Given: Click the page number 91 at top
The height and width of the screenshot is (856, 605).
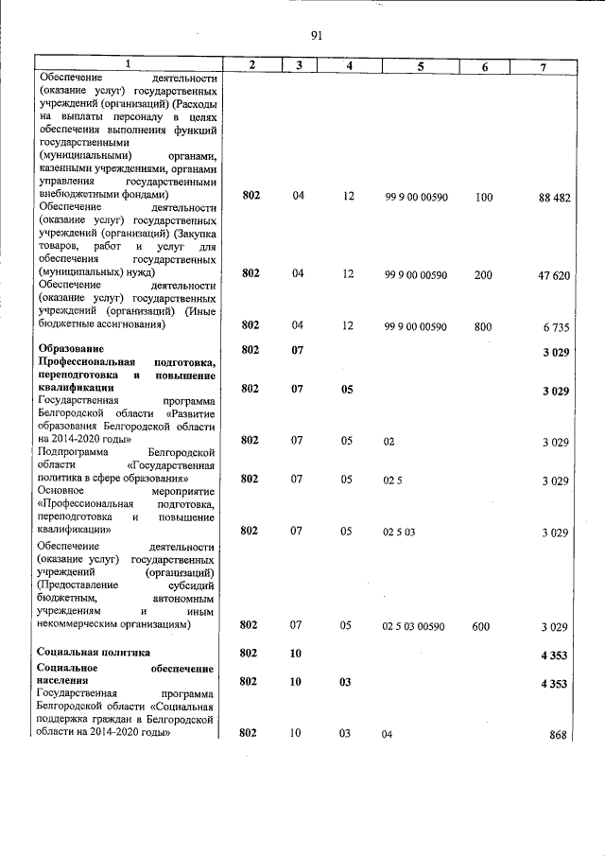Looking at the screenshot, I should (316, 36).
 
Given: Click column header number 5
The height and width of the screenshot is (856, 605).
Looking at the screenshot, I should (420, 65).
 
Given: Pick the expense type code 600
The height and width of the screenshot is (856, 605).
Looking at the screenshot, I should (482, 626).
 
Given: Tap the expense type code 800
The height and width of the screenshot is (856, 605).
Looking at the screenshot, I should (483, 325).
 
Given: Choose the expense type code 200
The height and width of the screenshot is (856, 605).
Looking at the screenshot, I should (483, 274).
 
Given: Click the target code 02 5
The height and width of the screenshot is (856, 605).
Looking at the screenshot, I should (392, 480).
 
